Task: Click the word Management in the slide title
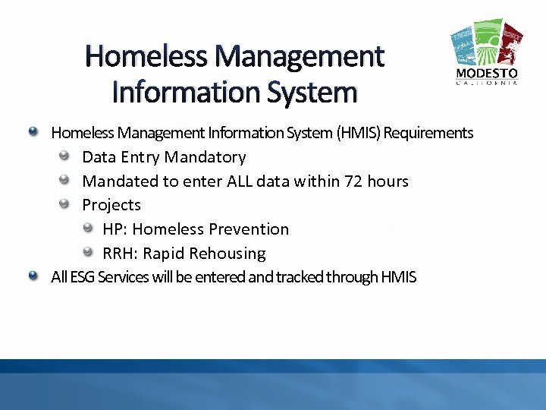point(300,57)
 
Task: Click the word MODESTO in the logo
point(487,74)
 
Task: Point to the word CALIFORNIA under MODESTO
point(487,84)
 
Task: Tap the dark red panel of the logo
point(513,44)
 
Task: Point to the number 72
point(354,181)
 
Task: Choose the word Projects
point(111,205)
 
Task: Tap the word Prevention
point(249,229)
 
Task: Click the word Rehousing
point(227,254)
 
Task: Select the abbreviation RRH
point(118,254)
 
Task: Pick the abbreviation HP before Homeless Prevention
point(114,229)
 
